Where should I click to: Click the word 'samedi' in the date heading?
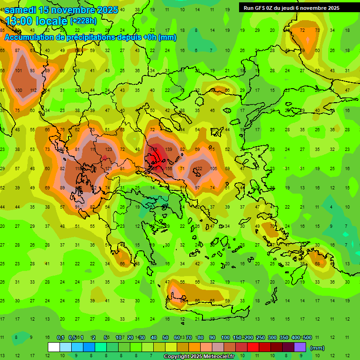click(21, 10)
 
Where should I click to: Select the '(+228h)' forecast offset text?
click(83, 21)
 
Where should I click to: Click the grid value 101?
click(19, 71)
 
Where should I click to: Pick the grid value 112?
click(33, 90)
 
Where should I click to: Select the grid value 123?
click(109, 149)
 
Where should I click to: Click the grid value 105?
click(214, 169)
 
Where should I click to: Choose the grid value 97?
click(197, 188)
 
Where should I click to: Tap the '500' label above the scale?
click(307, 337)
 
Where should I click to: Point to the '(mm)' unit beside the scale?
click(317, 348)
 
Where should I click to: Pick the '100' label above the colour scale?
click(225, 337)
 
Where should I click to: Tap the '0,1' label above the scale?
click(60, 337)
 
